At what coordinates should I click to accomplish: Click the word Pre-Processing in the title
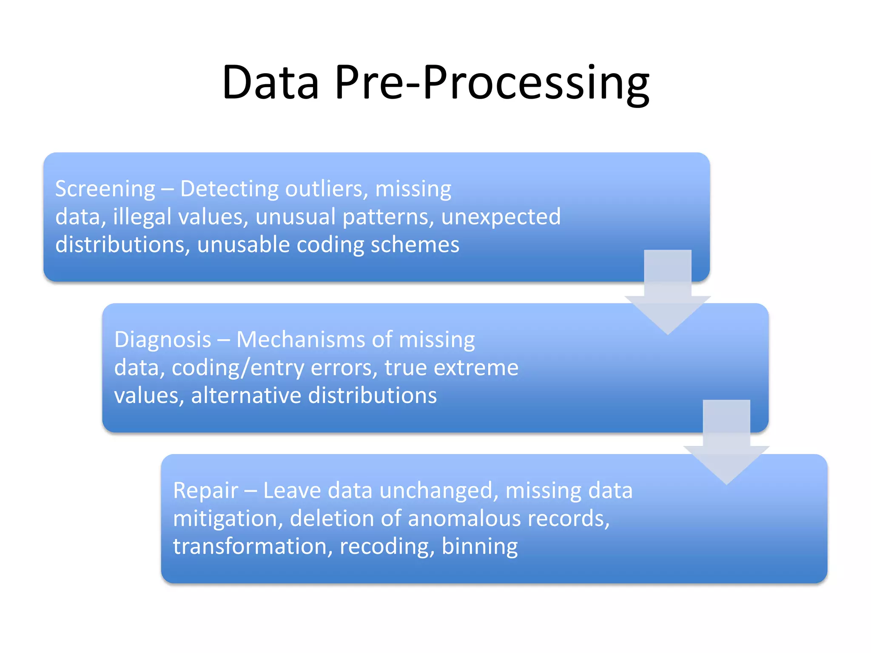(492, 82)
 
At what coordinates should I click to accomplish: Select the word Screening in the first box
(105, 189)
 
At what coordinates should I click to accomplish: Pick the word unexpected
(501, 217)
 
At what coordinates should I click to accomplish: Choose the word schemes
(415, 245)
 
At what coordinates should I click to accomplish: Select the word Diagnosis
(162, 340)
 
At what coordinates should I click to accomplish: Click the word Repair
(205, 491)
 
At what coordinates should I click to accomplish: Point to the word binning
(479, 547)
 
